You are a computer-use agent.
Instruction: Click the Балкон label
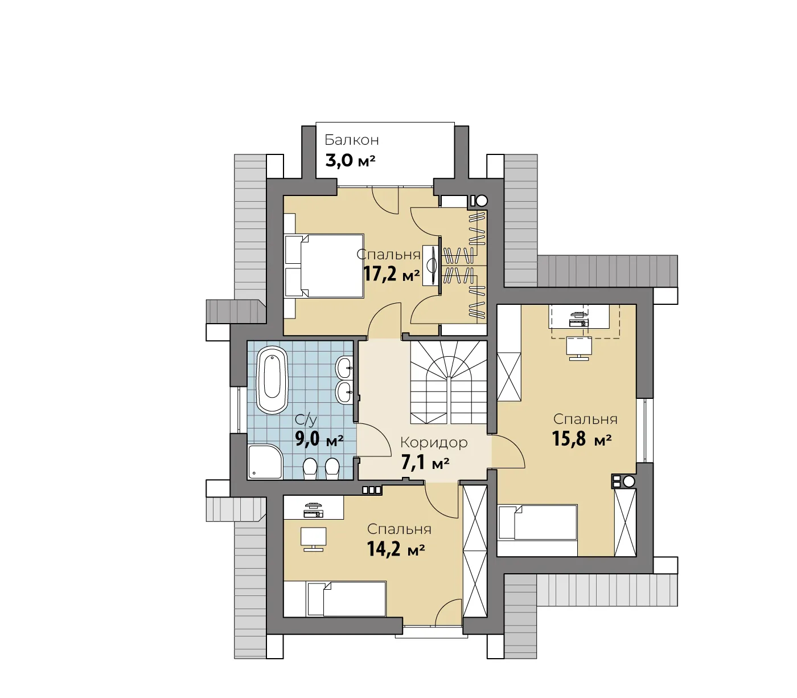[351, 140]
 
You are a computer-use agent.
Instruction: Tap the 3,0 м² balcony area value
[350, 160]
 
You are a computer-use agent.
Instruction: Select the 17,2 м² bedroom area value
[392, 274]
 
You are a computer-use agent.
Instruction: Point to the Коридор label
[434, 443]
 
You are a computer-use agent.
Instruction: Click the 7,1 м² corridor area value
[425, 463]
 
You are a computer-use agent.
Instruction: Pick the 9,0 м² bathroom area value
[319, 439]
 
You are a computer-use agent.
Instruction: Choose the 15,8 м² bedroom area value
[582, 439]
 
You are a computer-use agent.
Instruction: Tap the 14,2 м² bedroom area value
[396, 549]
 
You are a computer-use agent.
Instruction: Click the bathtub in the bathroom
[272, 380]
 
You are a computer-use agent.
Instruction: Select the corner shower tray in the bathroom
[265, 462]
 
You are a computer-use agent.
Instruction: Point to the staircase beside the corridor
[449, 382]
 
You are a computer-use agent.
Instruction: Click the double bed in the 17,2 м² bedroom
[324, 266]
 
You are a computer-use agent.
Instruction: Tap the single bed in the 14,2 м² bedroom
[346, 599]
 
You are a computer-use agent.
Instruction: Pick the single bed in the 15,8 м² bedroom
[537, 523]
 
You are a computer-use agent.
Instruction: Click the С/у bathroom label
[306, 419]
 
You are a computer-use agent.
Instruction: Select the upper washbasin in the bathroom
[344, 367]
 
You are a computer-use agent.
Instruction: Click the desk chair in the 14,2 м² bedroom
[313, 539]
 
